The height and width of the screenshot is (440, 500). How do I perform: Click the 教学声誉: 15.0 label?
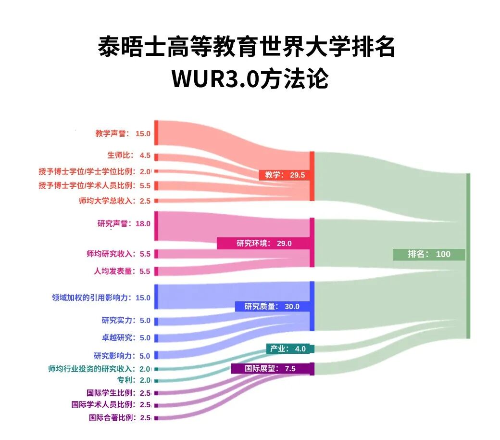pos(123,134)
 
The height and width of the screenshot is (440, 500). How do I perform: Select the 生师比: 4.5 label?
pos(128,155)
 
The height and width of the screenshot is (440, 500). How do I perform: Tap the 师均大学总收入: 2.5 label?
pos(114,201)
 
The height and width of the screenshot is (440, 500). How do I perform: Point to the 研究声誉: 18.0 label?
pos(124,223)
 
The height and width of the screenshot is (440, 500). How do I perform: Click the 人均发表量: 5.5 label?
pos(122,271)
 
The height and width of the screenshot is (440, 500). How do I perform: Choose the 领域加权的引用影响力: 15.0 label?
pos(101,298)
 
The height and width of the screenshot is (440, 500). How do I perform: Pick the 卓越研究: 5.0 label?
pos(126,337)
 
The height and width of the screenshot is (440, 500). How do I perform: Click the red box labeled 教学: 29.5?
pos(284,175)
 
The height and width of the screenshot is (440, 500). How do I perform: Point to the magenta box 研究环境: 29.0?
pos(263,243)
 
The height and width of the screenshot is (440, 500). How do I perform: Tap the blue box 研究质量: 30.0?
pos(272,306)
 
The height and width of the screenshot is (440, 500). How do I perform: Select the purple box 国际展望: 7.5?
pos(270,369)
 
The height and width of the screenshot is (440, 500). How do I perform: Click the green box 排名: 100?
pos(429,254)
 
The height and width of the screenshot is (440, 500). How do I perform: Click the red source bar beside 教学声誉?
pos(156,133)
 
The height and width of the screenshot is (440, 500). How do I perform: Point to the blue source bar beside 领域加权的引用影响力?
pos(156,297)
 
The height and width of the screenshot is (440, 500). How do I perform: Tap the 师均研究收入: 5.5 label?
pos(118,254)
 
